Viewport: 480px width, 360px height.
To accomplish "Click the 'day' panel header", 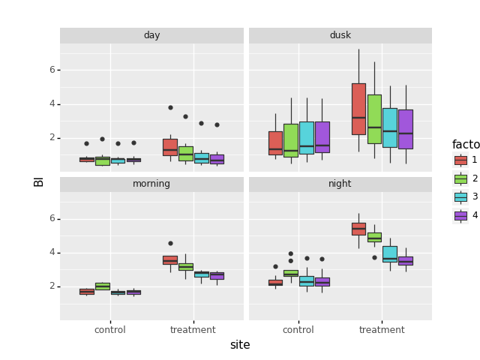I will point(151,35).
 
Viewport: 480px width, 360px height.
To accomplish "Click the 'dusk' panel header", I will point(340,35).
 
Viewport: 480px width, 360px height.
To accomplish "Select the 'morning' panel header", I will point(151,184).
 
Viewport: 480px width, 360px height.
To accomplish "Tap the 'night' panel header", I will point(340,184).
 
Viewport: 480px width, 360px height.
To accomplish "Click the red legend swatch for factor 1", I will point(460,160).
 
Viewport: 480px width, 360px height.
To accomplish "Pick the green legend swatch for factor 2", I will point(460,178).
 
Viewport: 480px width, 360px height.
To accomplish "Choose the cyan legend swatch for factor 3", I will point(460,196).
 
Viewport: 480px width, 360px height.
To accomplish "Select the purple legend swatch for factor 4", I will point(460,215).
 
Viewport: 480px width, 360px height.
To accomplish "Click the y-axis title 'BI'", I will point(39,181).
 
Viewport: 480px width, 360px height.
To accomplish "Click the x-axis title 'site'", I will point(240,345).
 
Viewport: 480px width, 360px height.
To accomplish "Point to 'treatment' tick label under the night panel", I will point(382,330).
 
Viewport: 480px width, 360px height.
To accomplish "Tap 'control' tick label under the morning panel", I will point(110,330).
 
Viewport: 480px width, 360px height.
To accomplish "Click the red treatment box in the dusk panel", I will point(358,109).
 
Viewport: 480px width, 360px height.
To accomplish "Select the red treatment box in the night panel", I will point(358,229).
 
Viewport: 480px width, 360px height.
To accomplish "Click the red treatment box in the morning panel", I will point(170,260).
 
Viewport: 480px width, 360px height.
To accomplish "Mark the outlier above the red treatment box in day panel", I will point(170,107).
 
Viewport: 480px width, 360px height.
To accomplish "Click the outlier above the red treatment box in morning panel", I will point(170,243).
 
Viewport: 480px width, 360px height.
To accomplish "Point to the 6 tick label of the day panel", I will point(52,70).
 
